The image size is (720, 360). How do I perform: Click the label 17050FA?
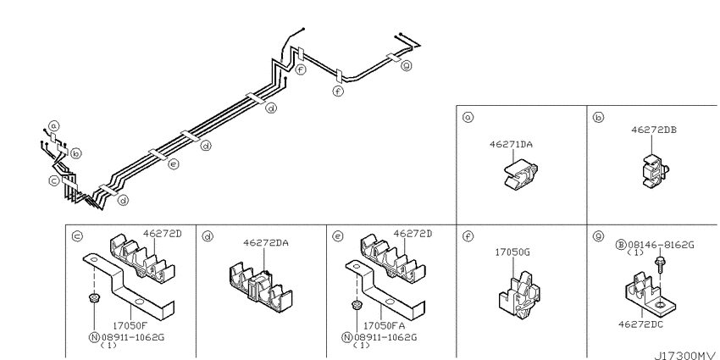(379, 323)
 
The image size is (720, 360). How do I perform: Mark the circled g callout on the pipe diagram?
(406, 65)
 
